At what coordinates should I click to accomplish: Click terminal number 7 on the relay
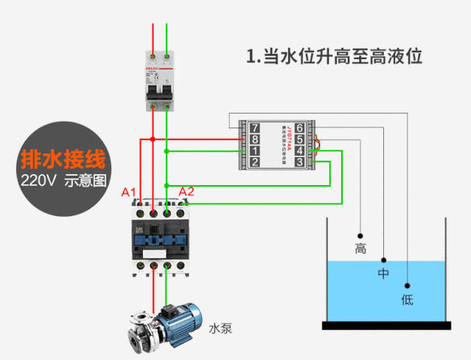pos(254,128)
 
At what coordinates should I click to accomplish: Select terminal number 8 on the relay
pos(254,139)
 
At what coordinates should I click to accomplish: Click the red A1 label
pos(129,192)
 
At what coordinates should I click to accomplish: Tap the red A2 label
pos(187,191)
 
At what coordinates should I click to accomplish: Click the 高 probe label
pos(360,249)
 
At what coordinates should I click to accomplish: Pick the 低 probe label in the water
pos(406,299)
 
